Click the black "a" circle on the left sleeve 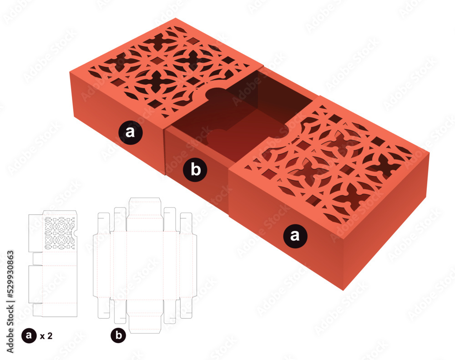pos(130,132)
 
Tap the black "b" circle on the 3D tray pos(195,170)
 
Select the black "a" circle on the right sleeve pos(295,235)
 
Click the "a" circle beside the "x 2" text pos(29,336)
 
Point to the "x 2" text pos(46,336)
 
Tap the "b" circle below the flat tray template pos(118,335)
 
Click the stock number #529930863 pos(10,274)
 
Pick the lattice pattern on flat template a pos(59,233)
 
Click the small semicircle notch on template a pos(76,233)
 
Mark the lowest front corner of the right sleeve pos(343,290)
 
